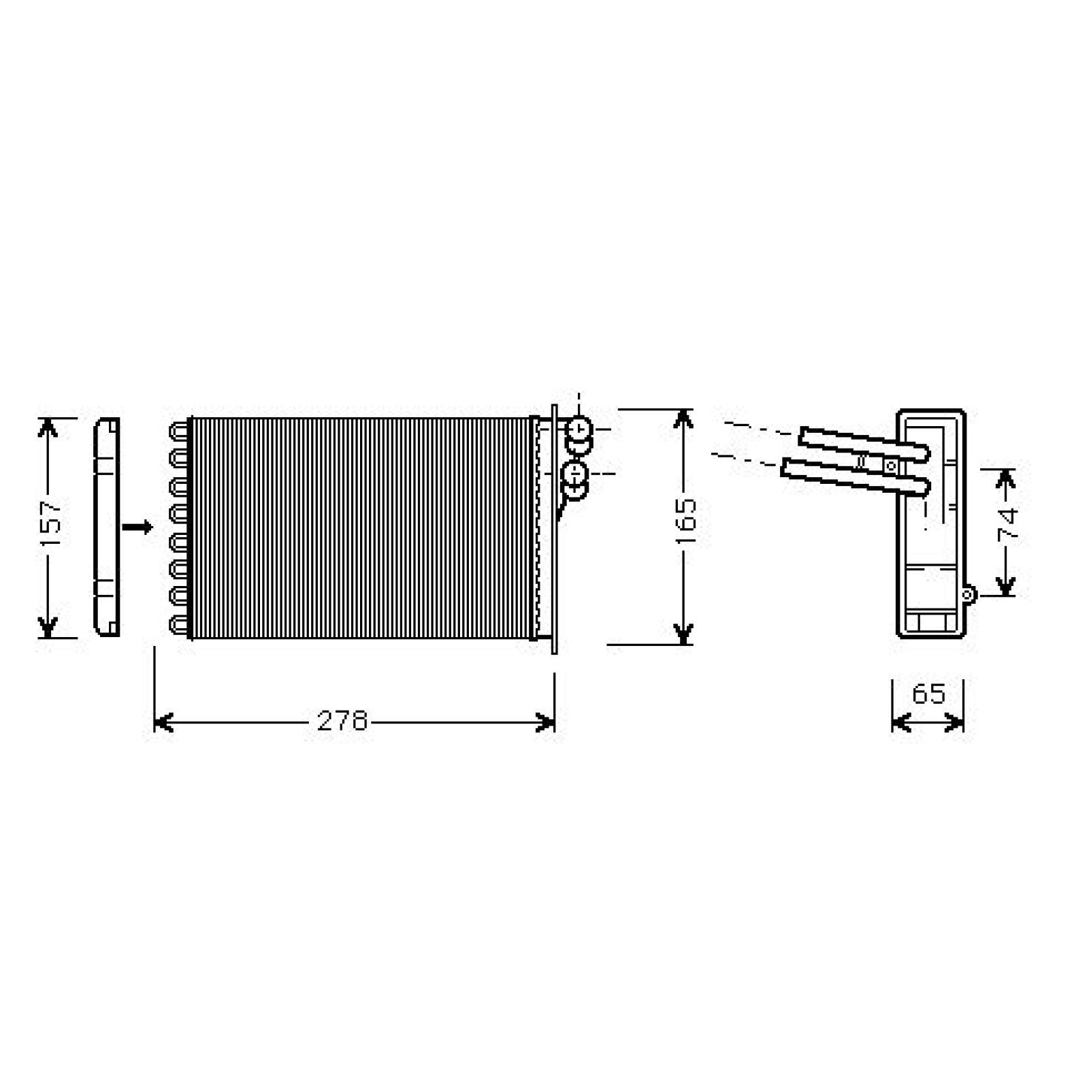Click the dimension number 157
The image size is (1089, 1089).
click(51, 524)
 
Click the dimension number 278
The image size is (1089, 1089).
click(342, 721)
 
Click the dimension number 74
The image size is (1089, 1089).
click(1007, 524)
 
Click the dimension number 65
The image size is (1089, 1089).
click(928, 694)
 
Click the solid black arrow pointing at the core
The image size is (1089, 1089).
click(137, 527)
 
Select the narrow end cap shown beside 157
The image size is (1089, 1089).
click(107, 527)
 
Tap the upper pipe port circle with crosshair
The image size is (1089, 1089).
click(579, 429)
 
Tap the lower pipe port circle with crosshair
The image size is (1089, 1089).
click(574, 472)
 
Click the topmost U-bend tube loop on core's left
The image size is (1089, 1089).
click(178, 431)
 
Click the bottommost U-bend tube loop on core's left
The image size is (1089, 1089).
click(178, 624)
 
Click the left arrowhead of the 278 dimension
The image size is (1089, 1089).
click(163, 722)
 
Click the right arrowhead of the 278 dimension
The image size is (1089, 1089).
click(545, 722)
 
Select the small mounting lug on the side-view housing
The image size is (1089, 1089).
click(967, 595)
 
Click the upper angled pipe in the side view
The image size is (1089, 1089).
click(863, 443)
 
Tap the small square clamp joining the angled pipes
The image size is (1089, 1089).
click(890, 466)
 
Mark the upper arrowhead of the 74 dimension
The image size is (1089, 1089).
click(1005, 479)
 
